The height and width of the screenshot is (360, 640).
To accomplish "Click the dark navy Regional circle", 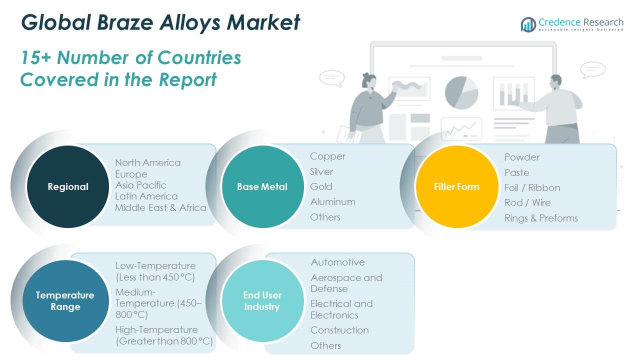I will pyautogui.click(x=68, y=186).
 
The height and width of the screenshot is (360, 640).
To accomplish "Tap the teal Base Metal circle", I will pyautogui.click(x=262, y=186).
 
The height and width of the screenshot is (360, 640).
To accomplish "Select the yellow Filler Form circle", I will pyautogui.click(x=456, y=186).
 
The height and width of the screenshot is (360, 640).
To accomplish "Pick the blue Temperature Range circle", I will pyautogui.click(x=65, y=301).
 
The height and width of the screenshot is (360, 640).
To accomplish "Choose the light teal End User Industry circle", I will pyautogui.click(x=262, y=301).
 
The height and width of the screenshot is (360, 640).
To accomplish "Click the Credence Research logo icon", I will pyautogui.click(x=528, y=24).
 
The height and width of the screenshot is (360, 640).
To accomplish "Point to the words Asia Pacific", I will pyautogui.click(x=140, y=185).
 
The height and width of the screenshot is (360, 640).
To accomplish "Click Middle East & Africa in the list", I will pyautogui.click(x=160, y=207).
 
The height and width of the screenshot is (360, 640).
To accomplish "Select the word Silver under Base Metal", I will pyautogui.click(x=321, y=171).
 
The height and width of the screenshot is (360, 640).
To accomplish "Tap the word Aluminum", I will pyautogui.click(x=332, y=201).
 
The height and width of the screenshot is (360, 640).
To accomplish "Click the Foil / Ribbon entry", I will pyautogui.click(x=532, y=187).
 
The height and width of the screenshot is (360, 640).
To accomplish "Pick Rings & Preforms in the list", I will pyautogui.click(x=541, y=218).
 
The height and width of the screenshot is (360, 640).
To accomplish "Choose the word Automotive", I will pyautogui.click(x=337, y=262).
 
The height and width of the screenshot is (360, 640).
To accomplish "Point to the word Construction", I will pyautogui.click(x=339, y=330).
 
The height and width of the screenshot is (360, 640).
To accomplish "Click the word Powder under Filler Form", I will pyautogui.click(x=521, y=157).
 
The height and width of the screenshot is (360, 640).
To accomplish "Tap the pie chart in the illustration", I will pyautogui.click(x=461, y=92).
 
